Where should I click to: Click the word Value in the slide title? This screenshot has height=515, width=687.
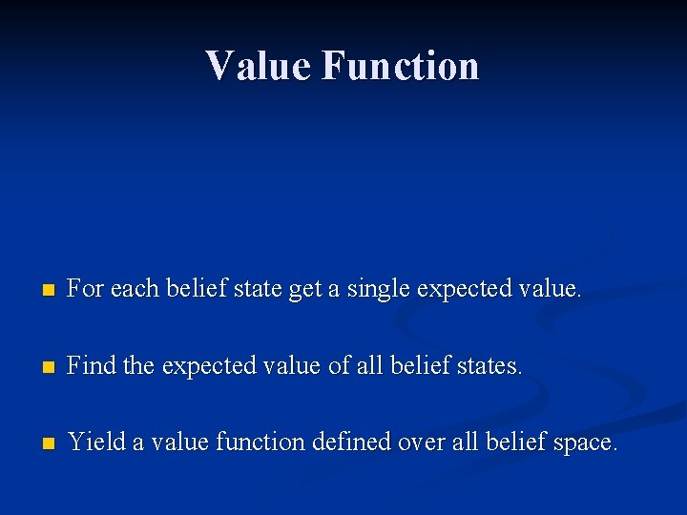pyautogui.click(x=259, y=66)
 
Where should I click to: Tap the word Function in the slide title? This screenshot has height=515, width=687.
pyautogui.click(x=400, y=66)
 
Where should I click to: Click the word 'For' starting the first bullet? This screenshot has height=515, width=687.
pyautogui.click(x=86, y=288)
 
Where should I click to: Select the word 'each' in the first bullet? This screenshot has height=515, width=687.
pyautogui.click(x=133, y=288)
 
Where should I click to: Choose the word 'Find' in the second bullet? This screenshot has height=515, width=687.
pyautogui.click(x=91, y=365)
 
